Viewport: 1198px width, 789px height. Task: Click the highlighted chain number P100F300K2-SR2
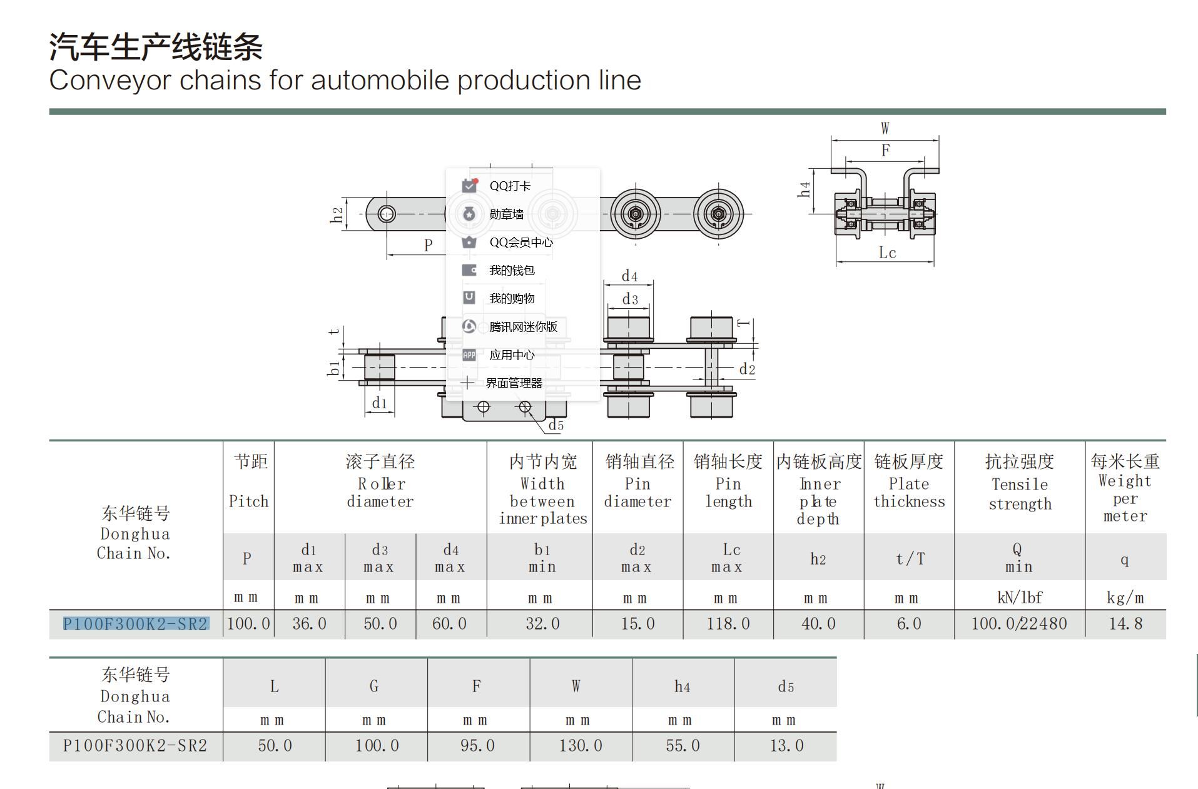pos(135,624)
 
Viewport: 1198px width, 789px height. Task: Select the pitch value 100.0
pos(248,624)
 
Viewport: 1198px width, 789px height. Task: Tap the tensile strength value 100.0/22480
pos(1019,624)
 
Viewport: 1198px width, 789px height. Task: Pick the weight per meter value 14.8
pos(1125,624)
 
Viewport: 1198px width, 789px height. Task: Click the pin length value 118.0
pos(728,624)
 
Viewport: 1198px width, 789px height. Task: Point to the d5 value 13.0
pos(786,746)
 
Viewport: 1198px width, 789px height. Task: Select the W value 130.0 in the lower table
pos(581,746)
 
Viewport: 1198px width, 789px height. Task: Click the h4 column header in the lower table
pos(683,687)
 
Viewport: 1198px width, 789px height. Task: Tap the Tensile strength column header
pos(1020,494)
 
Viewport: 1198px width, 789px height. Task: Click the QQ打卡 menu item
pos(510,186)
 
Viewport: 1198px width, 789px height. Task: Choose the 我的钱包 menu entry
pos(512,270)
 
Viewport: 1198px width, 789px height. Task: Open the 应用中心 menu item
pos(512,355)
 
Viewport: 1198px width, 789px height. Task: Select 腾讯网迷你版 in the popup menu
pos(523,327)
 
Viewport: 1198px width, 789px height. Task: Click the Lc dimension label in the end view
pos(887,253)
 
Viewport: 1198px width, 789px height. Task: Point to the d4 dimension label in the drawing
pos(629,276)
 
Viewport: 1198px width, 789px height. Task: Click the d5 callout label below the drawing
pos(556,426)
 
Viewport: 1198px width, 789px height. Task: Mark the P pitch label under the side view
pos(429,245)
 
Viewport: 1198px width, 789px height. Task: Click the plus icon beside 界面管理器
pos(467,383)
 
